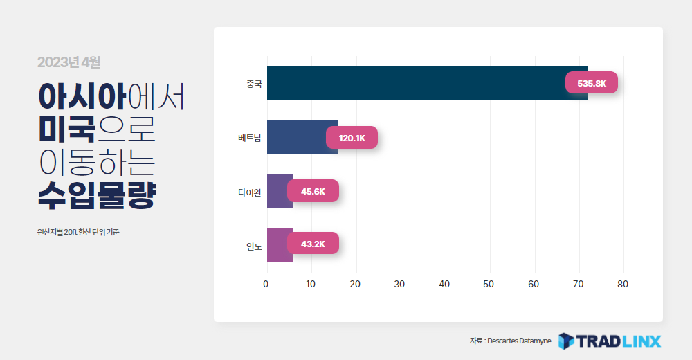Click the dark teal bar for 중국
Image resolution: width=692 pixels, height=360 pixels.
point(427,83)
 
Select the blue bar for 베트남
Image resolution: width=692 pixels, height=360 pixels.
point(303,137)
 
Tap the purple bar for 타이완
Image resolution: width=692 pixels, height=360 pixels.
point(280,191)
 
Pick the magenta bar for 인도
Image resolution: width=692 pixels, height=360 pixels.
point(280,244)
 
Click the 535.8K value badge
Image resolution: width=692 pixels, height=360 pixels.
point(592,82)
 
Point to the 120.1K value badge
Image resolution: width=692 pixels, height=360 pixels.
point(352,138)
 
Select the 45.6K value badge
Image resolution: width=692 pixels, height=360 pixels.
point(313,191)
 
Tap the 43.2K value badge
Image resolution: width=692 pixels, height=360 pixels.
point(313,244)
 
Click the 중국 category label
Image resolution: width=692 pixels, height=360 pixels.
point(254,84)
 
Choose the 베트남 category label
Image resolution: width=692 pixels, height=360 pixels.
point(250,138)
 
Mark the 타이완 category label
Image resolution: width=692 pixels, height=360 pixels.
point(250,192)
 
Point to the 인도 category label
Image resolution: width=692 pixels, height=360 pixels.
point(254,246)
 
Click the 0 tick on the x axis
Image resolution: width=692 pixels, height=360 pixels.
point(266,284)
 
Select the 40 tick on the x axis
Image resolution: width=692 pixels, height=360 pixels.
point(444,284)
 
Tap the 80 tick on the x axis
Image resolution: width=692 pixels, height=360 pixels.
point(623,284)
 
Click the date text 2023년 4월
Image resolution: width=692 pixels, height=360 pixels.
point(69,62)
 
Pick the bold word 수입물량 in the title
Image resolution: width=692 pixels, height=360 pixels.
point(97,195)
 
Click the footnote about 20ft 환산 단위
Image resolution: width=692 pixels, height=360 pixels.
point(79,232)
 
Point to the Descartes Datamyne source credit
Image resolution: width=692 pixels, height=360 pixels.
point(511,341)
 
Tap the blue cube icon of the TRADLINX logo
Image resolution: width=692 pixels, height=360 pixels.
point(566,341)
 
